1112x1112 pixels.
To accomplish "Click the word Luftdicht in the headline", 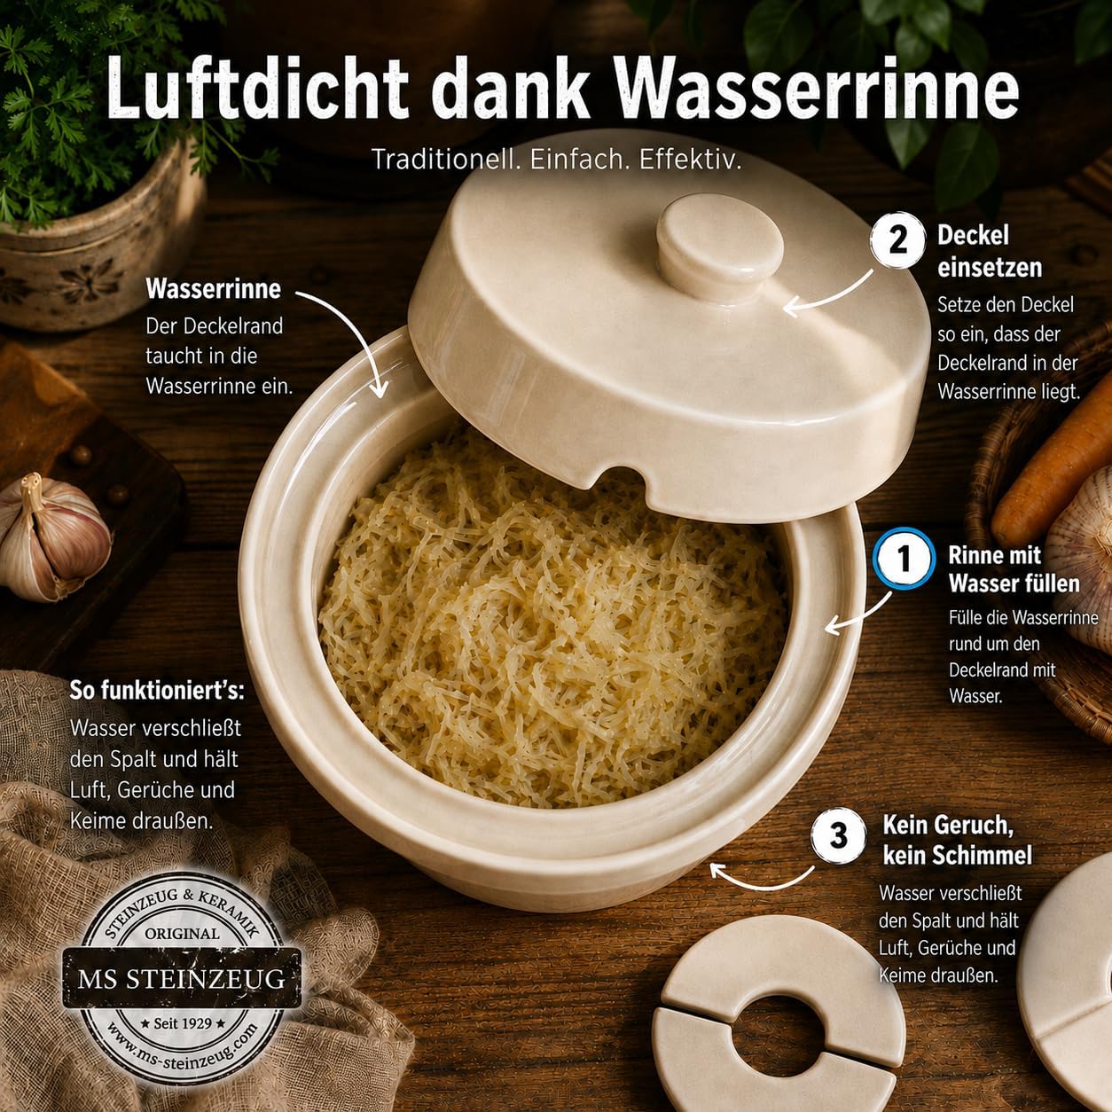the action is click(x=257, y=89).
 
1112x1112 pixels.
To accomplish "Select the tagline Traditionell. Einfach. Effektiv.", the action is click(x=556, y=160).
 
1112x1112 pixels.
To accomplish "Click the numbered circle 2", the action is click(x=898, y=240).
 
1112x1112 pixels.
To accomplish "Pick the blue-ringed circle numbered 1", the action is click(x=904, y=558).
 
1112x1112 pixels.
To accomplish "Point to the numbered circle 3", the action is click(x=839, y=835).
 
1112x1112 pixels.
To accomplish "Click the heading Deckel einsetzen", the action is click(x=990, y=251).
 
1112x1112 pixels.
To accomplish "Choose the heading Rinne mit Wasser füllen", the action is click(x=1014, y=569).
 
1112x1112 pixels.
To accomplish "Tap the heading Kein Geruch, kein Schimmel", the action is click(x=958, y=840).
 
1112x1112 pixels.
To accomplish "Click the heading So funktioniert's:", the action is click(x=157, y=690).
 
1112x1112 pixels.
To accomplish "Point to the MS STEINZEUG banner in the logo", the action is click(x=181, y=979).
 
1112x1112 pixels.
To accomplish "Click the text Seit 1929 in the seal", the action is click(x=183, y=1023).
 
